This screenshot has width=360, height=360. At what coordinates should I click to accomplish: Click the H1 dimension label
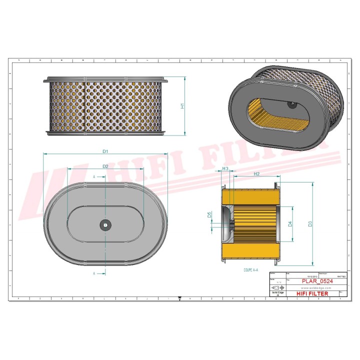coord(183,106)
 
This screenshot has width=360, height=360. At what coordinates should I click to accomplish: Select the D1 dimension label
coord(105,150)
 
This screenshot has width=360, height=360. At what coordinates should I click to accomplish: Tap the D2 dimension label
coord(105,165)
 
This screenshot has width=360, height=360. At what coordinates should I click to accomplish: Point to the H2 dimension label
coord(256,173)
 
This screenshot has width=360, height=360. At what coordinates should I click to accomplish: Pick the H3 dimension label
coord(225,169)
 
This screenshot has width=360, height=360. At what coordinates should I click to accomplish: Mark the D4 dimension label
coord(290,223)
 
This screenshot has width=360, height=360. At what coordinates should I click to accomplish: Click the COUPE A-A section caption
coord(250,269)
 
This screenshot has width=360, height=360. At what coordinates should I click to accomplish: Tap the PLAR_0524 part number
coord(317,281)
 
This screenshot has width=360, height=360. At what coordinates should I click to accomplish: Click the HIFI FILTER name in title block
coord(312,294)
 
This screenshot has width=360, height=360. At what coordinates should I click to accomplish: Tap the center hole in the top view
coord(105,224)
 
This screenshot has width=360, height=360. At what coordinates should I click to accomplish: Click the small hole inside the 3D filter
coord(291,104)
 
